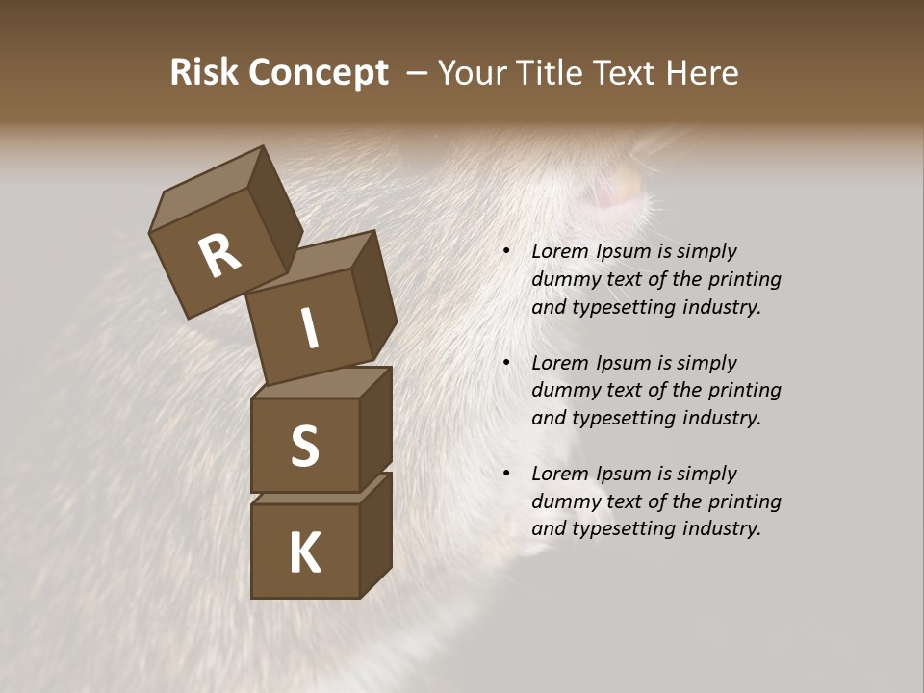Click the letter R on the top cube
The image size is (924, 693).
coord(219,255)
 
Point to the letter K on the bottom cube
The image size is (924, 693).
coord(304,553)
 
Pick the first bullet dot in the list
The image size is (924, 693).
coord(506,252)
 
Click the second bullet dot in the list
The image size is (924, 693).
coord(506,363)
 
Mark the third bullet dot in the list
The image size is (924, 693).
coord(506,474)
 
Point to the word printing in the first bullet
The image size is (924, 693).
coord(742,280)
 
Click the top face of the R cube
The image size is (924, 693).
coord(207,189)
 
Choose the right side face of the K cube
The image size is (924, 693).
coord(375,534)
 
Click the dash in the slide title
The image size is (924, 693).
coord(418,73)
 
